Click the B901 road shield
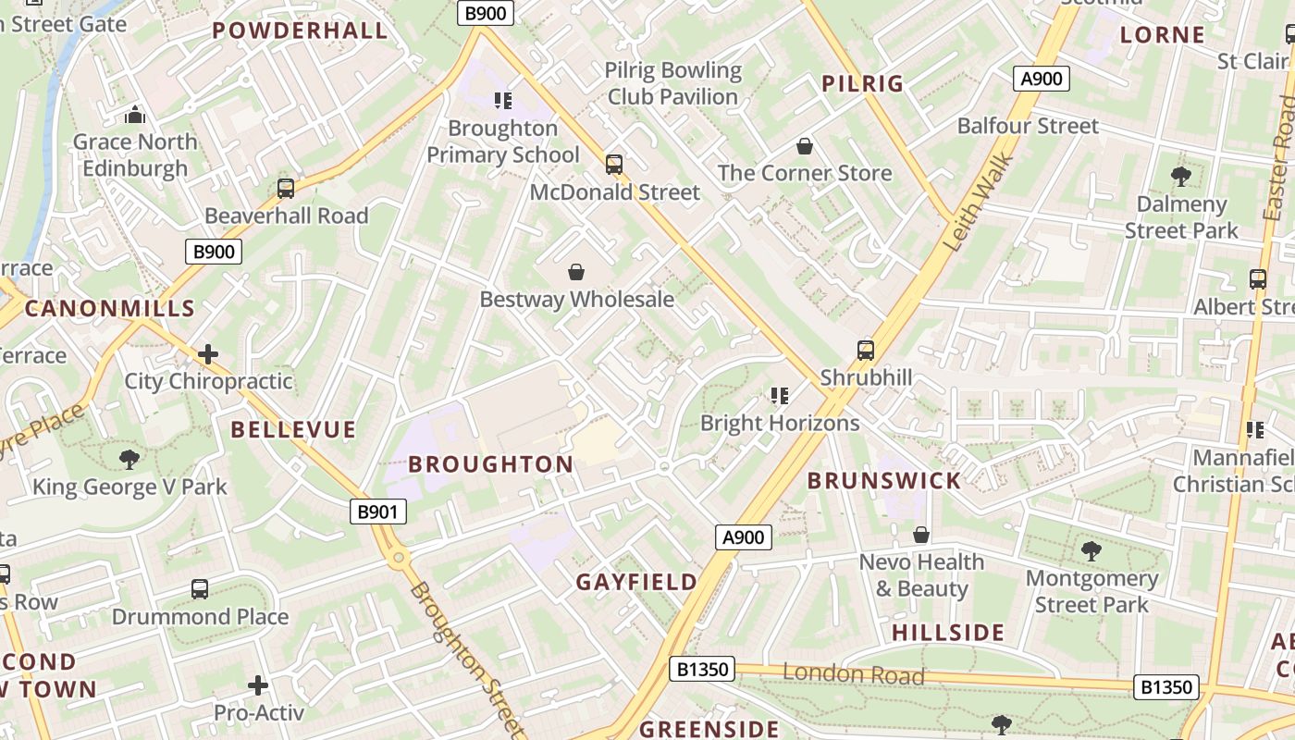pos(378,512)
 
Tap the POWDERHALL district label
pos(300,31)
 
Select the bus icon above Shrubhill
pos(866,351)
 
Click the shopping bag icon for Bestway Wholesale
pos(576,272)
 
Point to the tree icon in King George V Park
pos(129,459)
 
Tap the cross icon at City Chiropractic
pos(208,354)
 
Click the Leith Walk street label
pos(980,203)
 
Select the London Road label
pos(853,674)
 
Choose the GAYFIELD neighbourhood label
pos(636,582)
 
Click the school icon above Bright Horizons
pos(779,396)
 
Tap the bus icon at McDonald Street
pos(614,165)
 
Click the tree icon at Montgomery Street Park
pos(1091,551)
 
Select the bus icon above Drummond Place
pos(200,589)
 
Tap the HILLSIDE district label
pos(948,633)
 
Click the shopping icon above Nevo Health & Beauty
pos(921,535)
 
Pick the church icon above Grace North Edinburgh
pos(135,116)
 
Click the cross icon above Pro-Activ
pos(258,685)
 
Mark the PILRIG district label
pos(862,84)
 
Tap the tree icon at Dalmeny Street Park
pos(1180,176)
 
